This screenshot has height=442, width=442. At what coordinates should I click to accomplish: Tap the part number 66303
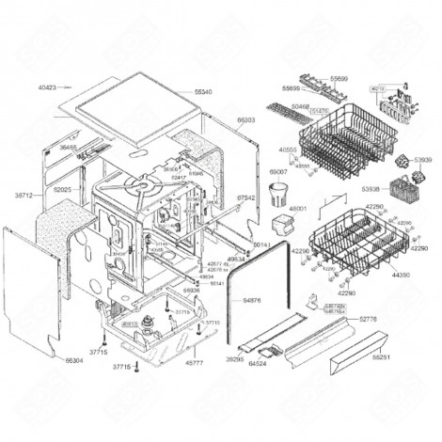(246, 121)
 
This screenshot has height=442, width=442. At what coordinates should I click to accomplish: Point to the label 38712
(24, 195)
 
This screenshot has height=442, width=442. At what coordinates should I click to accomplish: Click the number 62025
(62, 190)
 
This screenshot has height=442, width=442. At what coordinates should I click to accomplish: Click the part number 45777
(195, 362)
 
